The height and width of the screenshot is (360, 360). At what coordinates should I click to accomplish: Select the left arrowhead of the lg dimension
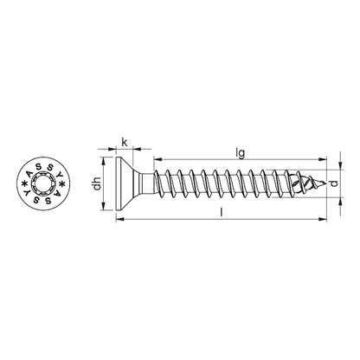pos(158,160)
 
